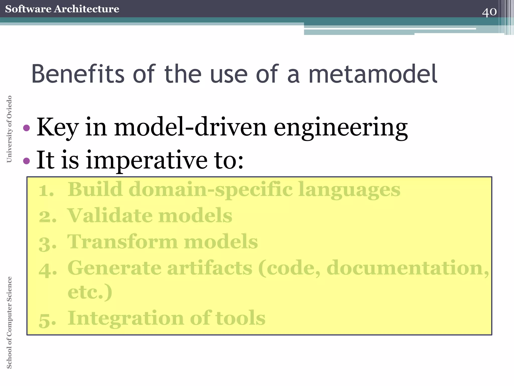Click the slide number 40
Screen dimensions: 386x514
click(489, 12)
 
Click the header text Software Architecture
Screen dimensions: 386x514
click(62, 9)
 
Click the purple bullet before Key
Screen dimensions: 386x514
click(26, 128)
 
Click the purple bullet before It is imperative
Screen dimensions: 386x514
click(26, 161)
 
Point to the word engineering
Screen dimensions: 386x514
click(341, 128)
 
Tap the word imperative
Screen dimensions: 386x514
click(147, 161)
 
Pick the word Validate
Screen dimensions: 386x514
click(109, 216)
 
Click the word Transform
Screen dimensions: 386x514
click(122, 242)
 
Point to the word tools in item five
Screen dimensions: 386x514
click(240, 318)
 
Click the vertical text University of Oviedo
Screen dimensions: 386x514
click(9, 129)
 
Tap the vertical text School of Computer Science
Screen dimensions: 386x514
click(9, 322)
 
